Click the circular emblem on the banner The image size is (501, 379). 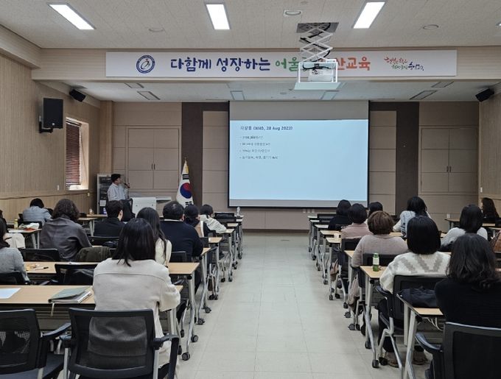coord(145,64)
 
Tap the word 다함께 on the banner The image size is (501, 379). coord(190,64)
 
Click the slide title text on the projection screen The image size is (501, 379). coord(265,127)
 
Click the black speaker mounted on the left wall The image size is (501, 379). coord(52,113)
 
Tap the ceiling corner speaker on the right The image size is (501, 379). coord(484,95)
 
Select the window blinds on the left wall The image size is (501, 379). coord(73,153)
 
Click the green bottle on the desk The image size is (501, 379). coord(376,261)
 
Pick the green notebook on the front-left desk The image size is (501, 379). coord(69,294)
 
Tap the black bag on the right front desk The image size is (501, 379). coord(420,297)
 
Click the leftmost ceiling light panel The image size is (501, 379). coord(71,16)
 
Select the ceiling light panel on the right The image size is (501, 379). coord(368,14)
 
